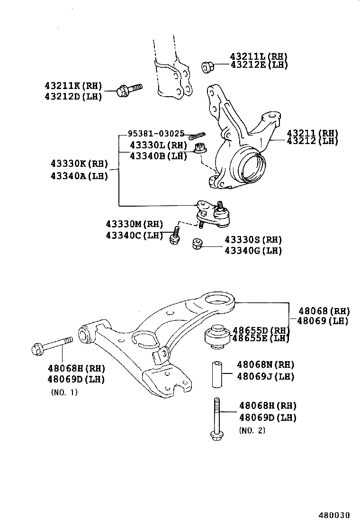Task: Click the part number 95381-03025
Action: [x=155, y=134]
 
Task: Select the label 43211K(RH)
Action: [x=73, y=86]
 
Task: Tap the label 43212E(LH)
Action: [x=259, y=65]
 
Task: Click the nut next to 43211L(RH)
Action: [x=207, y=67]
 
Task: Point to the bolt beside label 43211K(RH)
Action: [x=128, y=89]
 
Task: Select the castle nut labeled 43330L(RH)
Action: [x=199, y=148]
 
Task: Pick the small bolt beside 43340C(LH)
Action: [x=174, y=236]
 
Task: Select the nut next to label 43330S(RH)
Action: [x=198, y=245]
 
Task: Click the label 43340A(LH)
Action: [x=80, y=176]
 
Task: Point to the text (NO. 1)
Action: [x=64, y=392]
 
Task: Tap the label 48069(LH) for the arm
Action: [x=324, y=321]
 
